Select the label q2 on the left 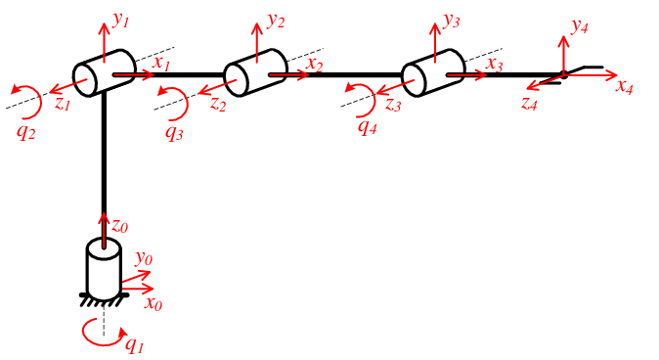point(26,132)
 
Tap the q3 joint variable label point(174,132)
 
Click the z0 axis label point(119,226)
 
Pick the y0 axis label point(144,258)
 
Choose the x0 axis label point(153,303)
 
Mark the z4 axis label point(529,102)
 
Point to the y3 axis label point(451,19)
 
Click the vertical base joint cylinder point(103,265)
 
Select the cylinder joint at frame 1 point(103,73)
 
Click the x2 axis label point(314,65)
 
